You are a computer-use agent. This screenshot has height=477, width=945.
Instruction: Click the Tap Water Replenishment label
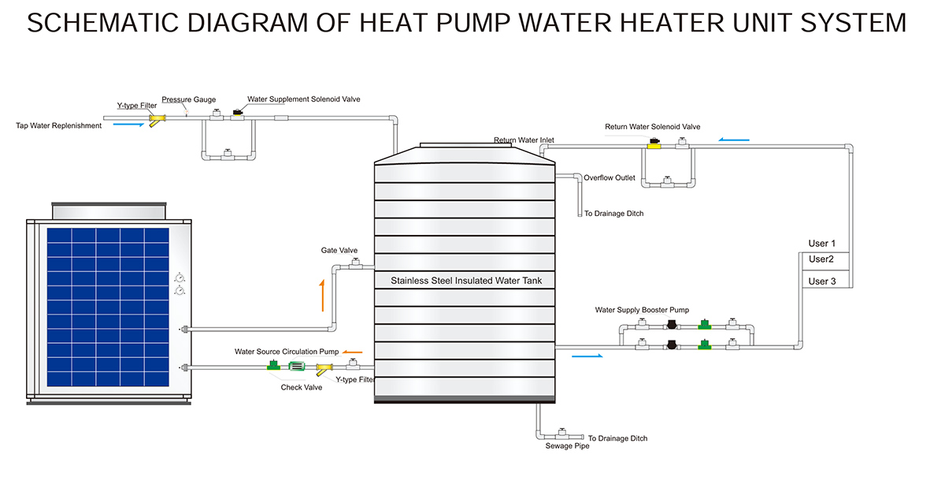pyautogui.click(x=59, y=125)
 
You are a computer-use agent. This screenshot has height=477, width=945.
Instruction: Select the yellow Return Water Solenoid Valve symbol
pyautogui.click(x=653, y=145)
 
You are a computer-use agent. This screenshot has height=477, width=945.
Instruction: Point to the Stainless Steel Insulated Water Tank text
pyautogui.click(x=466, y=281)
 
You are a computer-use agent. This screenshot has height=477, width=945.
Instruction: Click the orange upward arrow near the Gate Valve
pyautogui.click(x=321, y=295)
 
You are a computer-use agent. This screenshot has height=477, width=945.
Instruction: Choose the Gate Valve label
pyautogui.click(x=339, y=251)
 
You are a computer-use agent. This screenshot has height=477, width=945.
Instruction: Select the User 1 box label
pyautogui.click(x=822, y=244)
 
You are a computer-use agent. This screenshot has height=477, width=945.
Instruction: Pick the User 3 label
pyautogui.click(x=822, y=281)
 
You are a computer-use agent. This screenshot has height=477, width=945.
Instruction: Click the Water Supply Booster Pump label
pyautogui.click(x=642, y=310)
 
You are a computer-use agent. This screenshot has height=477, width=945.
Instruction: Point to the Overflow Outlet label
pyautogui.click(x=609, y=177)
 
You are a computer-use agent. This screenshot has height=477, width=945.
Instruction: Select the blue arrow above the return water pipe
pyautogui.click(x=734, y=140)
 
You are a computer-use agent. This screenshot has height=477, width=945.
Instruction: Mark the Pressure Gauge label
pyautogui.click(x=189, y=100)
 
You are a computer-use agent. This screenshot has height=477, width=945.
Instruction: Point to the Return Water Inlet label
pyautogui.click(x=524, y=140)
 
